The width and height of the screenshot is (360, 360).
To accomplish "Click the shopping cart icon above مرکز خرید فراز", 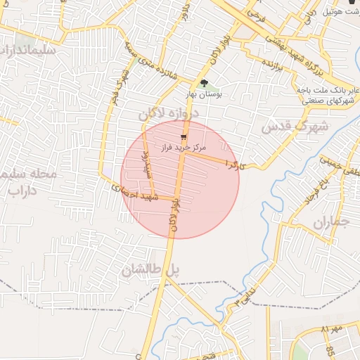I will coord(184,137).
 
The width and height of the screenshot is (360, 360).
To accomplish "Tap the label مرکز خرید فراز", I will coord(183,148).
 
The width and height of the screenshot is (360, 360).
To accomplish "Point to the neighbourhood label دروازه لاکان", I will coord(169,113).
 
